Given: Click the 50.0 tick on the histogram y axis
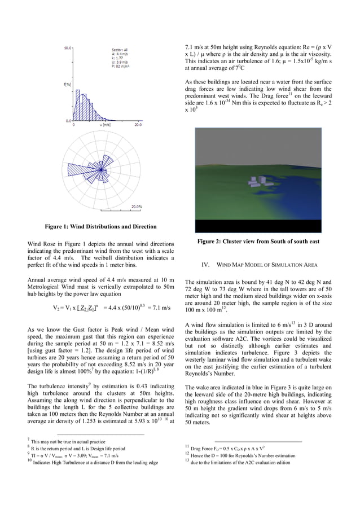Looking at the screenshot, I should pyautogui.click(x=67, y=48).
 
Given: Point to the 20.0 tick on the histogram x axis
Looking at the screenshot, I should pyautogui.click(x=138, y=125).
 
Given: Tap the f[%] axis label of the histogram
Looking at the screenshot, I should pyautogui.click(x=67, y=85).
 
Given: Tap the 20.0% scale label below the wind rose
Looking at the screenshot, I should pyautogui.click(x=137, y=207).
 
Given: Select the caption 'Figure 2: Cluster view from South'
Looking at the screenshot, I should pyautogui.click(x=258, y=242).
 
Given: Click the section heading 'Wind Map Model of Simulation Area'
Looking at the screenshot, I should pyautogui.click(x=260, y=265).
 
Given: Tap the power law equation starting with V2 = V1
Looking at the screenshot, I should pyautogui.click(x=112, y=309).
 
